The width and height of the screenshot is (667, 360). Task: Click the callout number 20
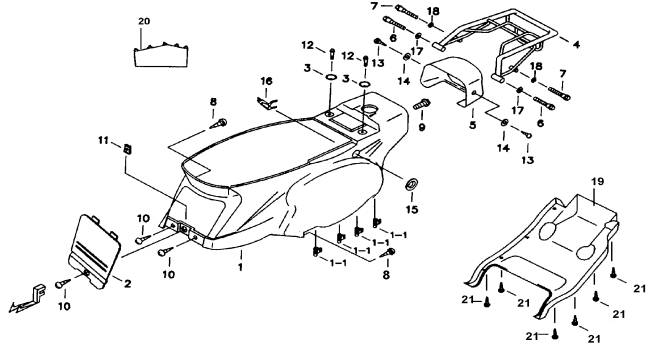pos(144,21)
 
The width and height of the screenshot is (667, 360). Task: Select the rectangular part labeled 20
pos(161,56)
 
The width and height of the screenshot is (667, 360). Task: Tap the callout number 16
pos(266,81)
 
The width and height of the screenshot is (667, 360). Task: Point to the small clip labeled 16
pos(267,103)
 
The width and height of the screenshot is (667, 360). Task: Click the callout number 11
pos(103,140)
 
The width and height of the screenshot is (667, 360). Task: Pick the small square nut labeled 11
pos(127,149)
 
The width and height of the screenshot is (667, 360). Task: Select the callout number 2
pos(127,283)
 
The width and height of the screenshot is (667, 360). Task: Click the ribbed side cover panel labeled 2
pos(94,251)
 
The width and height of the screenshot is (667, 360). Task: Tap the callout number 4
pos(576,44)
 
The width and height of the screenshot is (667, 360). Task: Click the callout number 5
pos(473,125)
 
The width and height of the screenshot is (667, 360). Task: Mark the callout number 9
pos(422,127)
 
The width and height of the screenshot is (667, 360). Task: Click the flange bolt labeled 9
pos(422,103)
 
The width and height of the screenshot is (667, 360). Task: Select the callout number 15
pos(412,209)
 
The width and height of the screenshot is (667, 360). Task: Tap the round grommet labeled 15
pos(411,184)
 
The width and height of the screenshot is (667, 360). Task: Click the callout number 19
pos(597,182)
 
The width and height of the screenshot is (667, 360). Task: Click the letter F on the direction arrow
pos(40,291)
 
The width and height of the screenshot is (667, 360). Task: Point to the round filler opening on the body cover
pos(369,109)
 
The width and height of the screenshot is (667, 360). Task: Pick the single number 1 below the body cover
pos(240,267)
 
